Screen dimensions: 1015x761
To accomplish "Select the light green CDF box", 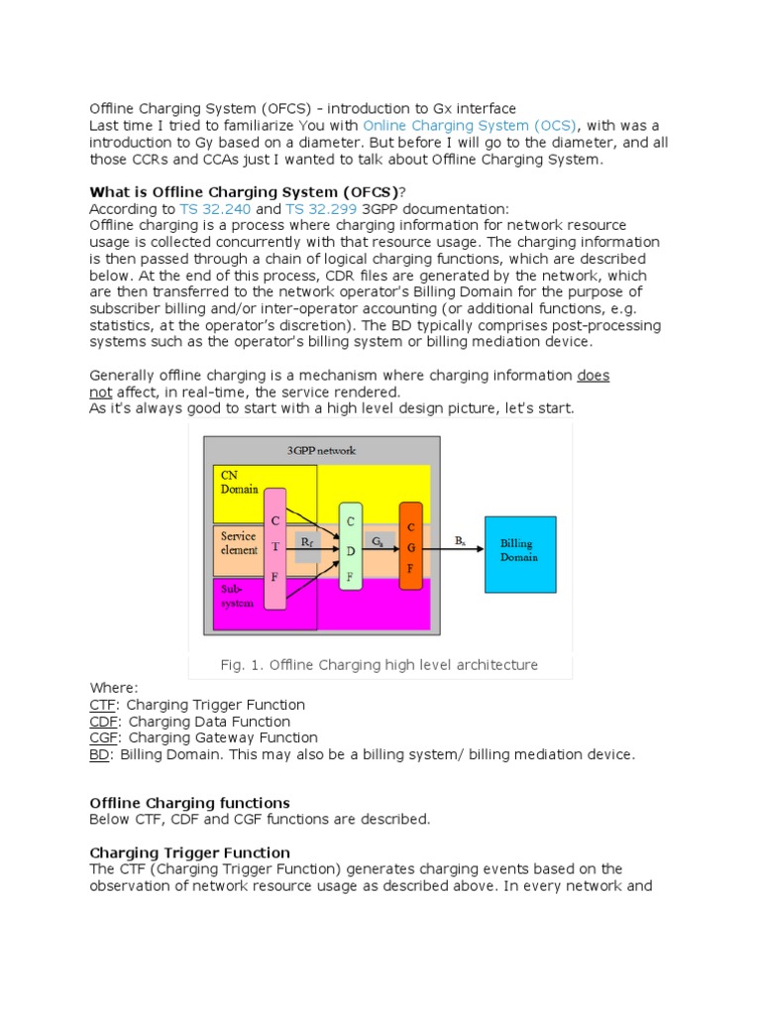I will (351, 545).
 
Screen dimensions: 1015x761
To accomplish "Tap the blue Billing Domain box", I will (519, 551).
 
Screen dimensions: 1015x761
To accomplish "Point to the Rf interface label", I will (307, 542).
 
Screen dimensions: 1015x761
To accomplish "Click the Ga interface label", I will (379, 542).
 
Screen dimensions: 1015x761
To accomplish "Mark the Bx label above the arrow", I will (460, 540).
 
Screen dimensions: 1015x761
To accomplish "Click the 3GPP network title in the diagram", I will (321, 450).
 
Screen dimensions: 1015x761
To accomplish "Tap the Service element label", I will (239, 542).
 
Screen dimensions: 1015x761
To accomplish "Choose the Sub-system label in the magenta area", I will (235, 595).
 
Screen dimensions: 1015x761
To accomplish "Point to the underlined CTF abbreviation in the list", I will (101, 705).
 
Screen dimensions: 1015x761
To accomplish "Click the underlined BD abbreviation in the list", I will (100, 754).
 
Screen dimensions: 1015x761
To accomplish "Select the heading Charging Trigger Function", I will (190, 852).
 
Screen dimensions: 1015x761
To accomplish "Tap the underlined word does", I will (594, 376).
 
